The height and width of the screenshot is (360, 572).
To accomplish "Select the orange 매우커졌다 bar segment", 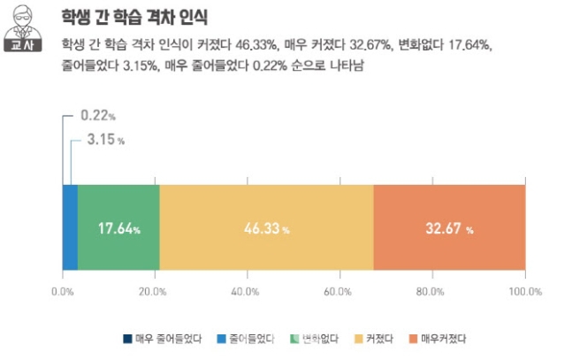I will tap(449, 227).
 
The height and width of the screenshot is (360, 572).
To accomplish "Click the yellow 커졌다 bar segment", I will tap(266, 227).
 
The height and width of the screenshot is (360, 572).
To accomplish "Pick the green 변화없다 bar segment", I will tap(118, 227).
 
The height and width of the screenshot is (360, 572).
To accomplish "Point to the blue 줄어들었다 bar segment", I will tap(70, 227).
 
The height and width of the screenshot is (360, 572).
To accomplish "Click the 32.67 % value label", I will tap(449, 229).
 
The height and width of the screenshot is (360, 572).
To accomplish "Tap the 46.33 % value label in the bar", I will tap(266, 229).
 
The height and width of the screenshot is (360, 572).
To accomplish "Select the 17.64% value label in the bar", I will tap(118, 229).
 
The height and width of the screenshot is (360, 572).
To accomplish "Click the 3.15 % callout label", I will tap(106, 140).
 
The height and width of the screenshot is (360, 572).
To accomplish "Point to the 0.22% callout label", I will tap(98, 116).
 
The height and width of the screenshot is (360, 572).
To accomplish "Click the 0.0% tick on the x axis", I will tap(62, 291).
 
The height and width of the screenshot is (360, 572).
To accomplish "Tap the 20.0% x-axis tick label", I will tap(154, 291).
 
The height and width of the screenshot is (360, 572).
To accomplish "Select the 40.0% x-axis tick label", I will tap(246, 291).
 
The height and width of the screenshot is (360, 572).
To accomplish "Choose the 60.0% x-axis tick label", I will tap(339, 291).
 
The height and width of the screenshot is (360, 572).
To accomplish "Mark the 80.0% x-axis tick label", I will tap(431, 291).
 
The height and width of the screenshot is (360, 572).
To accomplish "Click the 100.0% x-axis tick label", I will tap(524, 291).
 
